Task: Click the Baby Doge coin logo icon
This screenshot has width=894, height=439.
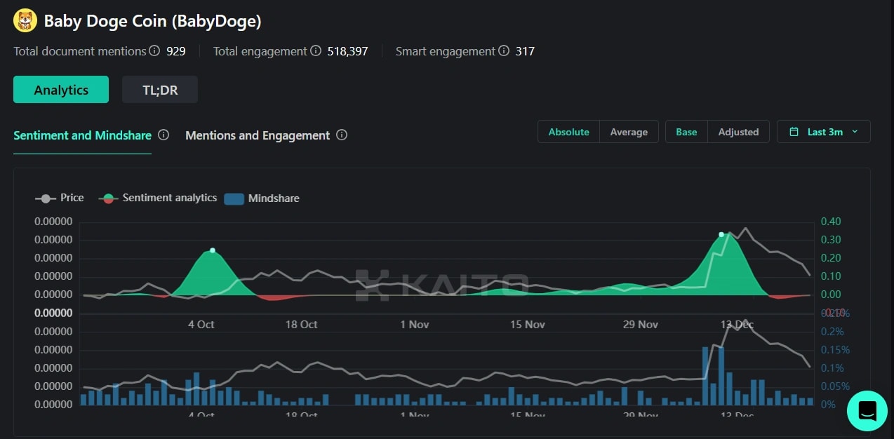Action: point(25,20)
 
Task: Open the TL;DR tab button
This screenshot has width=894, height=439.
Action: point(160,90)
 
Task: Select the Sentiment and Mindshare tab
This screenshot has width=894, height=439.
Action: point(83,135)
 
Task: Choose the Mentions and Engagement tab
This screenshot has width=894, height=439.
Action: point(258,135)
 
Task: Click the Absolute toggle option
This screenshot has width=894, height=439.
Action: point(568,132)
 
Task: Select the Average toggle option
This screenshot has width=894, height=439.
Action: point(629,132)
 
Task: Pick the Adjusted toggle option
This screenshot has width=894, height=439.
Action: point(738,132)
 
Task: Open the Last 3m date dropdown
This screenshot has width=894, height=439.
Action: point(824,132)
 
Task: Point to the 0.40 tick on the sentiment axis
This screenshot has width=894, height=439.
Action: point(831,222)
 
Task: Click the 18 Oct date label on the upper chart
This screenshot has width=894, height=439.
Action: point(301,324)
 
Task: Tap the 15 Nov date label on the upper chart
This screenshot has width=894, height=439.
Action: point(527,324)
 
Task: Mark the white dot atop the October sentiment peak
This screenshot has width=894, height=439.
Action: point(213,250)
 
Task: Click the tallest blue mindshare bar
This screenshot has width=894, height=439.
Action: point(705,375)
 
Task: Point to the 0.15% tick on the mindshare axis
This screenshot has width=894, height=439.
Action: point(835,350)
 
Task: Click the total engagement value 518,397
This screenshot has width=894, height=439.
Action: point(347,51)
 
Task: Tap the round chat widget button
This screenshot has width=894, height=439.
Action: point(867,410)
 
